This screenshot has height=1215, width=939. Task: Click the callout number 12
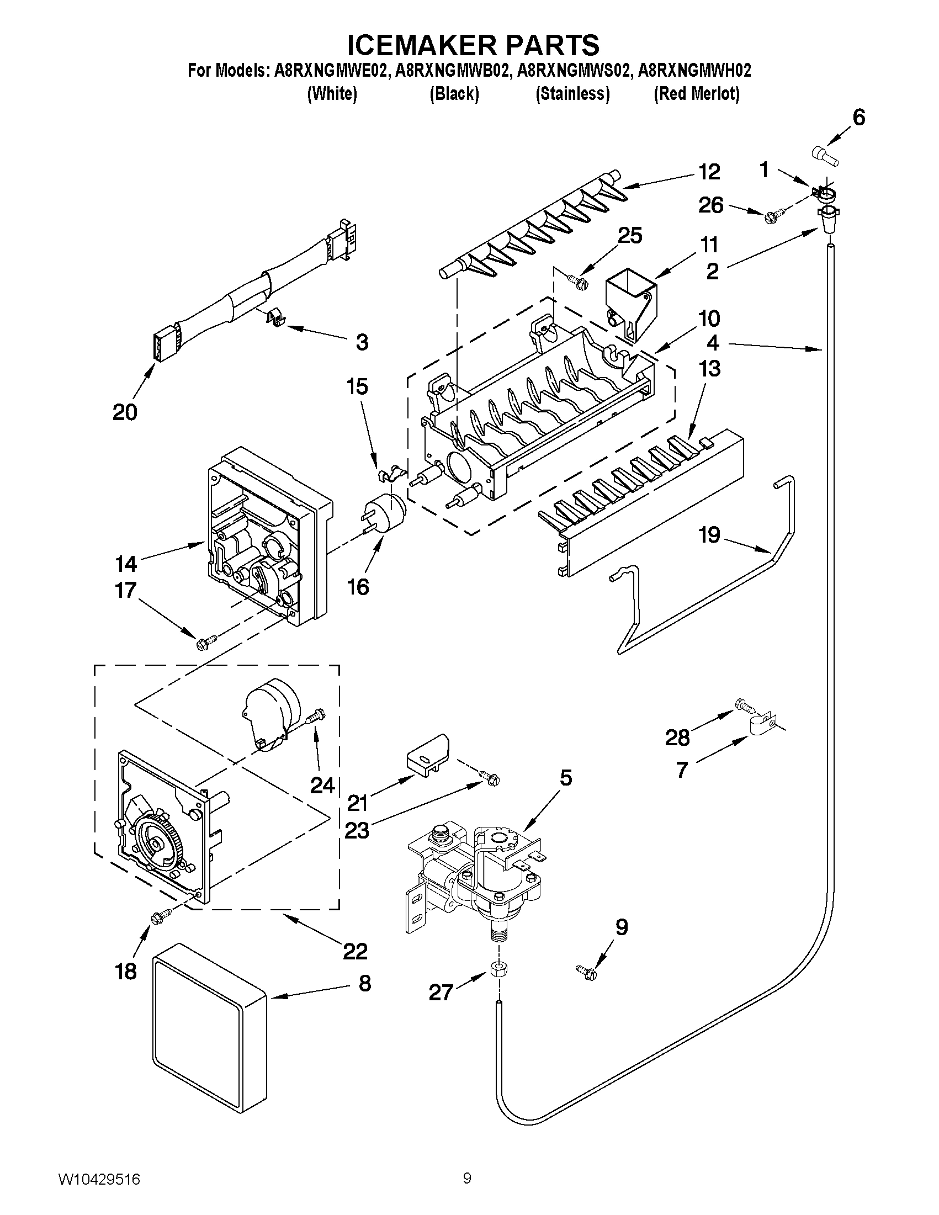(x=709, y=172)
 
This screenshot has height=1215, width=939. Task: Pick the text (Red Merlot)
(x=697, y=94)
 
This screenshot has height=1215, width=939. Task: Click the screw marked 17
(x=202, y=644)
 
